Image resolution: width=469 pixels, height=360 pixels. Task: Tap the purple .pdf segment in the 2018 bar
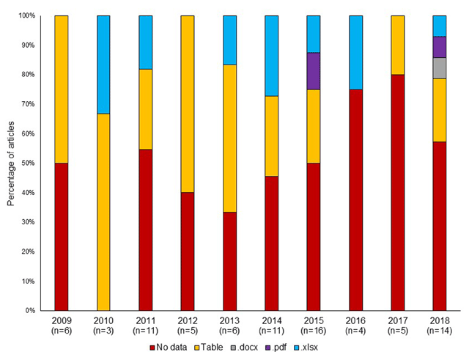[440, 47]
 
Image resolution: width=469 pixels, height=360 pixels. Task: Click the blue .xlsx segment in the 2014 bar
[271, 56]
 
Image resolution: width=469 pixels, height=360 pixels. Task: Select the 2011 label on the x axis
[145, 321]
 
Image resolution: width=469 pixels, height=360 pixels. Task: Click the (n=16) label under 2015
[314, 331]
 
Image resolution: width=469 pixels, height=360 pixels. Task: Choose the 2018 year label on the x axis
[440, 321]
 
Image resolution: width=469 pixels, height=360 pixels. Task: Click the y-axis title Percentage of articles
[11, 163]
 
